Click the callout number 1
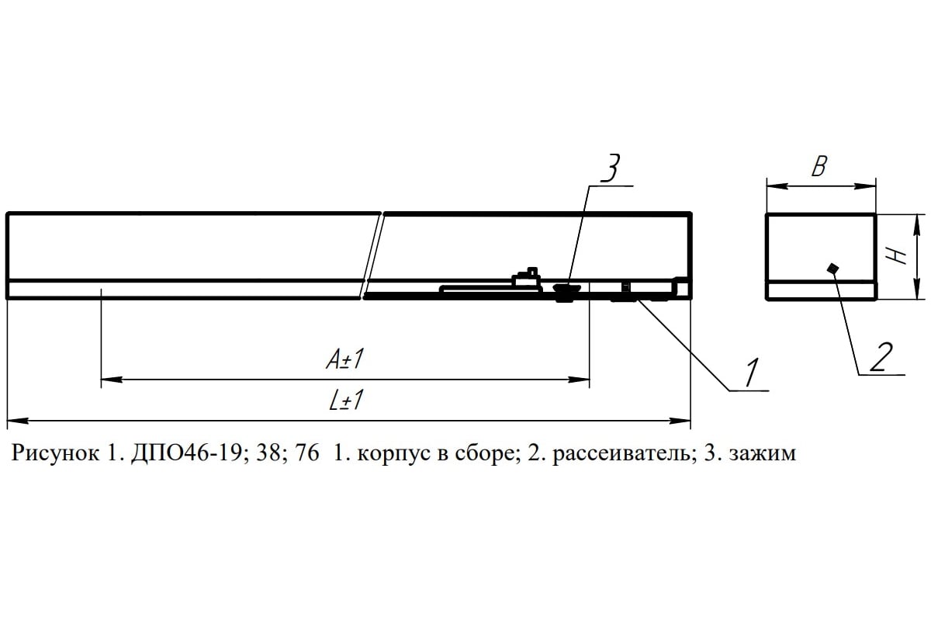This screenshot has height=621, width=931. [752, 372]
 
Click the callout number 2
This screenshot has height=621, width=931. [881, 356]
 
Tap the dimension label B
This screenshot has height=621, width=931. [819, 166]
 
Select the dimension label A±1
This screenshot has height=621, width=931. [345, 359]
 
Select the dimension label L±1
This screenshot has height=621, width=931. [346, 400]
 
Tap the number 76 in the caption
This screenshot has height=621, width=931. [307, 453]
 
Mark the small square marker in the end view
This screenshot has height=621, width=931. [832, 269]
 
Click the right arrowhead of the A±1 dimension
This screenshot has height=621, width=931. [579, 380]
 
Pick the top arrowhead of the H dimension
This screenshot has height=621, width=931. [915, 225]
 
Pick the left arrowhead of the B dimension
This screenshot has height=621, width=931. [777, 186]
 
